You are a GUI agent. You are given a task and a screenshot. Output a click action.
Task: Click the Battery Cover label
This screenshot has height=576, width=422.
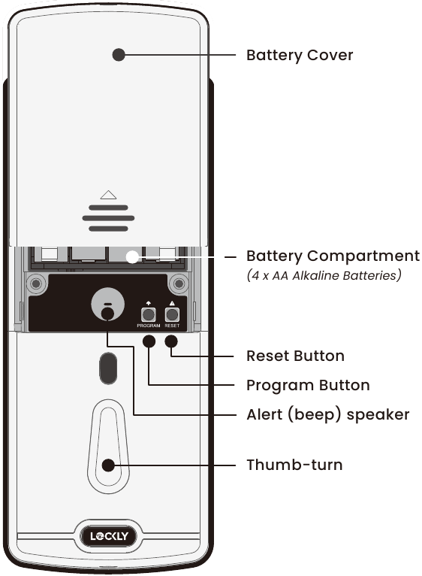tap(300, 56)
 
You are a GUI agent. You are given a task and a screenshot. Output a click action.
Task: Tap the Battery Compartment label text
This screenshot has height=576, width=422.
tap(333, 256)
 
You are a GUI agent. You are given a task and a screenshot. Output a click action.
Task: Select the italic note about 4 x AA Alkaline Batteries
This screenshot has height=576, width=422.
tap(324, 275)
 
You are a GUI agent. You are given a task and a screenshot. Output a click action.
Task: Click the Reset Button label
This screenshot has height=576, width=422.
tap(295, 356)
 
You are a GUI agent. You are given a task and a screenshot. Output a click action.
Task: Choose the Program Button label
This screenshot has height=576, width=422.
tap(308, 385)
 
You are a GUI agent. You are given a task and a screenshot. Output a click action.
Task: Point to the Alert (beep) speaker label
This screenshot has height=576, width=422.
tap(327, 415)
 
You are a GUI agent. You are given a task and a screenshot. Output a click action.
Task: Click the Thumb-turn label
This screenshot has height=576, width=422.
tap(294, 465)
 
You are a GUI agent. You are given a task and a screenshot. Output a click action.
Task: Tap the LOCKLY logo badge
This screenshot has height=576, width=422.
tap(109, 536)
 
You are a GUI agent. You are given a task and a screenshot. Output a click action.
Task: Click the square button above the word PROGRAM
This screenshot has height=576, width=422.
tap(148, 315)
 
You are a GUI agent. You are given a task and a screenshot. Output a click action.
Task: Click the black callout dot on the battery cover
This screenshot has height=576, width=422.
tap(119, 55)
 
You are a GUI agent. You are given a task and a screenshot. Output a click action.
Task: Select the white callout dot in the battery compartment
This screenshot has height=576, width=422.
tap(132, 256)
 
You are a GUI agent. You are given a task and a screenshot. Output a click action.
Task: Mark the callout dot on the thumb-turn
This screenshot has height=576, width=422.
tap(108, 465)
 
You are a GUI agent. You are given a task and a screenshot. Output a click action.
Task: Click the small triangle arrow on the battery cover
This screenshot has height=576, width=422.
tap(108, 195)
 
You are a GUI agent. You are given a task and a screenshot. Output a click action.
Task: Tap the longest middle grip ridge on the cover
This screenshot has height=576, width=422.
tap(108, 218)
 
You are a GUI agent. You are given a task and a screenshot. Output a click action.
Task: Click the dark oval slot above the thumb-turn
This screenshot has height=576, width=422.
tap(108, 368)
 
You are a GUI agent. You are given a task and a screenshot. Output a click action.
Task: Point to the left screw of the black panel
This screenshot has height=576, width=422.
tap(36, 283)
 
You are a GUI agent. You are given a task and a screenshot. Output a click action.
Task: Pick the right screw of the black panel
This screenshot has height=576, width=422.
tap(179, 283)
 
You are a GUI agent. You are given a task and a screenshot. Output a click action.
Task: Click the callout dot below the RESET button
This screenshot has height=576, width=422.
tap(171, 341)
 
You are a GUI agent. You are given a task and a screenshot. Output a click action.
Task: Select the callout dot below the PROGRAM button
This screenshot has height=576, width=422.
tap(149, 341)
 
